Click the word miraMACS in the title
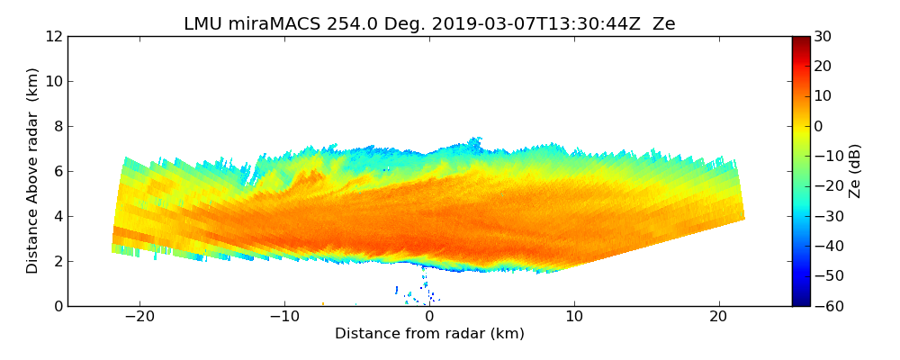(x=267, y=24)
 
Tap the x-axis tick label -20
(x=139, y=317)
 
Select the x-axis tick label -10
(x=284, y=317)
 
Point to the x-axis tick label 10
(x=574, y=317)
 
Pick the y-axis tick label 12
(x=55, y=37)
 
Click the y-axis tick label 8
(x=58, y=127)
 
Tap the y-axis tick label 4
(x=58, y=217)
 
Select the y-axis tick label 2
(x=58, y=262)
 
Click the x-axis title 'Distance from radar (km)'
(x=429, y=334)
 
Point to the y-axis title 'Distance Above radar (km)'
(x=33, y=171)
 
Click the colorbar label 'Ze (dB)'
(x=855, y=171)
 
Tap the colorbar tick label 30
(x=823, y=37)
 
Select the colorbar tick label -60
(x=826, y=306)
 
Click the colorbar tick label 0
(x=819, y=127)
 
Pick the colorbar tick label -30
(x=826, y=217)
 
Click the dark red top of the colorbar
(x=800, y=40)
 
